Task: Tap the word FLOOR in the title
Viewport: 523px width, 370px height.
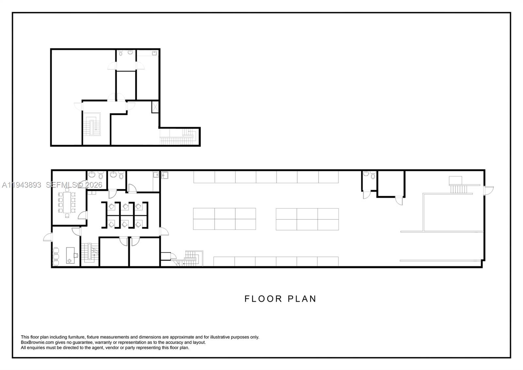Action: tap(263, 299)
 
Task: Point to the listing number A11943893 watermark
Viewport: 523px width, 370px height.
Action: tap(22, 185)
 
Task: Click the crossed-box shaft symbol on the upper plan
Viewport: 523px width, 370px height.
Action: tap(155, 107)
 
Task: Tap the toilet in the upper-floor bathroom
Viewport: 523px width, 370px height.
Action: tap(121, 53)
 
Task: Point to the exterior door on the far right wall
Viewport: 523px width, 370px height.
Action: tap(489, 190)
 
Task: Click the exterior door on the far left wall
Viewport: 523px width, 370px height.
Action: tap(47, 237)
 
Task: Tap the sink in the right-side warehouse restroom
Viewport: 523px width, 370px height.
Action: tap(366, 174)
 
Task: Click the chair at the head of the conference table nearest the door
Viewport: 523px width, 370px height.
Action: tap(67, 215)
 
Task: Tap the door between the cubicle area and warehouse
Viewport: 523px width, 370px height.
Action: tap(164, 231)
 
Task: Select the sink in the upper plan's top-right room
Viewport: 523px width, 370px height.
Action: tap(154, 53)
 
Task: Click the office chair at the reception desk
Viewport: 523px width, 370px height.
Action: tap(76, 255)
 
